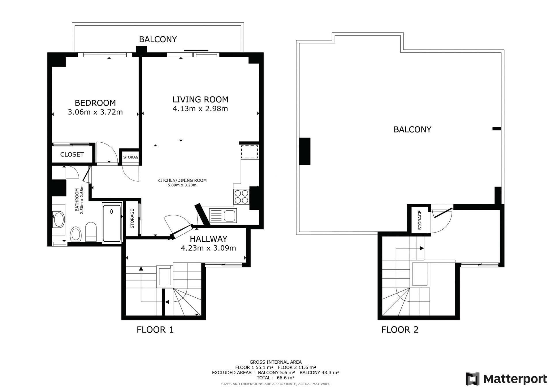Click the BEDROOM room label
95,103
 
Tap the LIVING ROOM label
200,99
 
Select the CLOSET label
72,154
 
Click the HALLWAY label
209,239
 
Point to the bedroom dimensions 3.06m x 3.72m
95,112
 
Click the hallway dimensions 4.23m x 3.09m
208,248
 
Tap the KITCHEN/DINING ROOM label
182,180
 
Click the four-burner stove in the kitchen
241,197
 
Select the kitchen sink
223,216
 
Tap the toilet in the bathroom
91,232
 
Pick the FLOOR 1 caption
155,330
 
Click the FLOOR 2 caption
400,330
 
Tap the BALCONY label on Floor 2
412,130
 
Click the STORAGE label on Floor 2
420,220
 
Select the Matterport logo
506,379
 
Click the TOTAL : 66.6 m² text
276,378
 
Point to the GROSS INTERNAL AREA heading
276,362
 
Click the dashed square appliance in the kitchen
249,152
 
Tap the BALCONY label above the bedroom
158,39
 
